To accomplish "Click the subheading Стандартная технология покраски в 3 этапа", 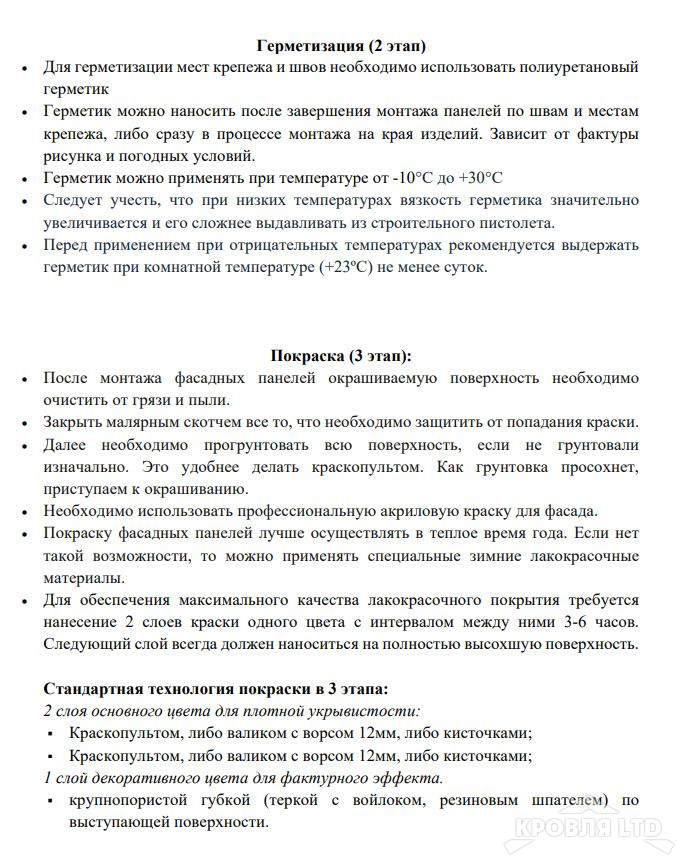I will [216, 690].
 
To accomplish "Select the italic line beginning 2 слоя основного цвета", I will [232, 712].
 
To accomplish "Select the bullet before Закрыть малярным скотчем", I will [24, 422].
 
